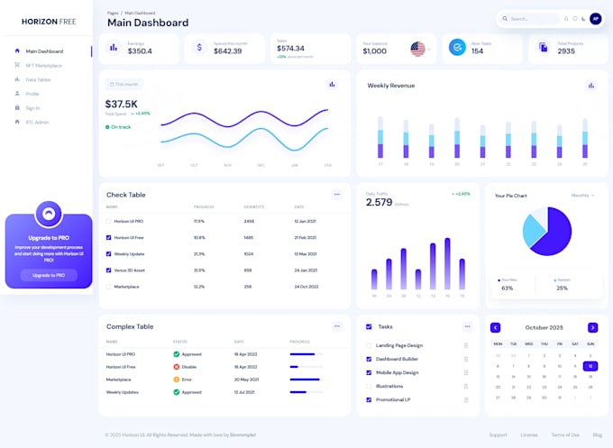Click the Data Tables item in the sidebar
pyautogui.click(x=38, y=79)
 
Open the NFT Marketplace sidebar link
pyautogui.click(x=43, y=65)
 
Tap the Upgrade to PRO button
pyautogui.click(x=49, y=274)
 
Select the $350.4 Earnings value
pyautogui.click(x=140, y=51)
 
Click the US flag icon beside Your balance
pyautogui.click(x=417, y=49)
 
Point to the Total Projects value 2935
pyautogui.click(x=566, y=51)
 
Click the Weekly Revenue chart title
pyautogui.click(x=391, y=86)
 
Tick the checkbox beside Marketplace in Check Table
pyautogui.click(x=109, y=286)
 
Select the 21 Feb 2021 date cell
pyautogui.click(x=306, y=237)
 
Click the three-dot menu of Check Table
pyautogui.click(x=336, y=194)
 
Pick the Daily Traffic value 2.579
pyautogui.click(x=379, y=203)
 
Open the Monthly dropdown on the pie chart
pyautogui.click(x=582, y=195)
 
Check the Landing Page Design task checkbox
pyautogui.click(x=369, y=345)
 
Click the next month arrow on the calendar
pyautogui.click(x=592, y=327)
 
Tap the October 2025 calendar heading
pyautogui.click(x=544, y=327)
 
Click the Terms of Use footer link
pyautogui.click(x=565, y=434)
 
